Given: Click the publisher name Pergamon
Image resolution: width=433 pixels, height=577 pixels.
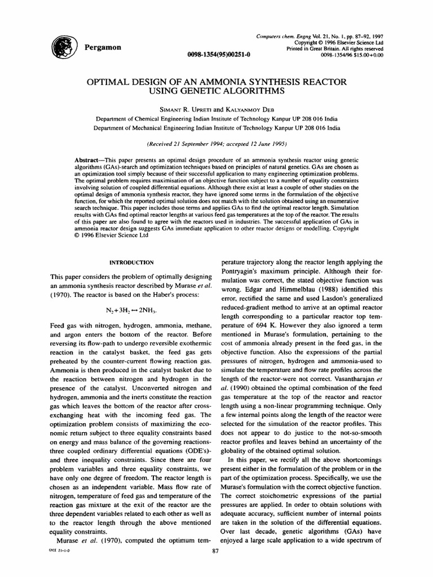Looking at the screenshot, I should (x=102, y=47).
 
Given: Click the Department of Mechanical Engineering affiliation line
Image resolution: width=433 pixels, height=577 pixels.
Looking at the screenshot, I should (x=216, y=128).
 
